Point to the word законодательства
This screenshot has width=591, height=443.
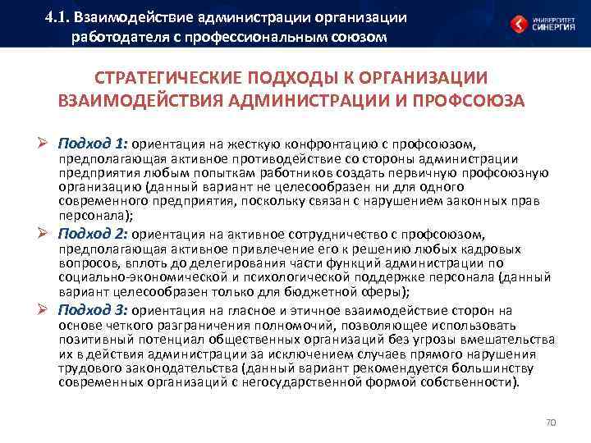(x=170, y=368)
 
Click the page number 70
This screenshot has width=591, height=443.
(x=551, y=422)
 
